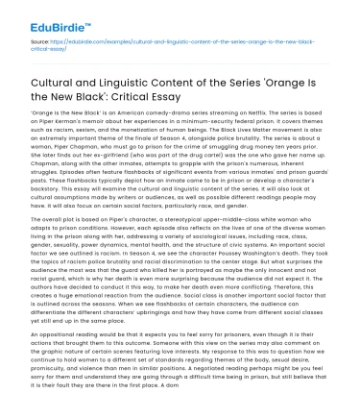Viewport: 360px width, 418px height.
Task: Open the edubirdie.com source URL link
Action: pyautogui.click(x=192, y=43)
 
